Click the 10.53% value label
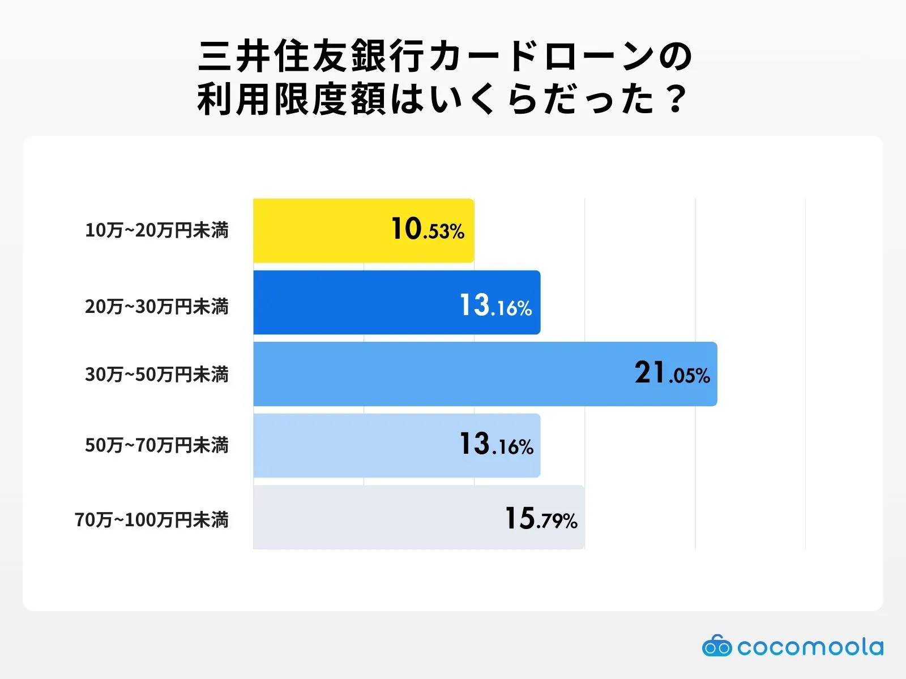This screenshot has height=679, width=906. (x=428, y=230)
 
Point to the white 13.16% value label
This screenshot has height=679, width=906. (x=495, y=306)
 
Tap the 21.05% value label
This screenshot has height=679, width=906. (x=672, y=373)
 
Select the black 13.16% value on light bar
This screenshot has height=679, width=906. (x=496, y=445)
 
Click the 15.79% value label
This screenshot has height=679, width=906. (x=541, y=518)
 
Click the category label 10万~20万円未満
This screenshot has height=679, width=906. (x=157, y=230)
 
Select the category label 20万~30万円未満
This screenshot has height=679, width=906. (x=157, y=307)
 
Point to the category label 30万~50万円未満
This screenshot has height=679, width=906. (x=157, y=375)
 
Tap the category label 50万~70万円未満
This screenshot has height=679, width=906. (x=157, y=445)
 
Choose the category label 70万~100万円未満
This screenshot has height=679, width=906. (x=152, y=519)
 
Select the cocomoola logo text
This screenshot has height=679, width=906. (x=810, y=647)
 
